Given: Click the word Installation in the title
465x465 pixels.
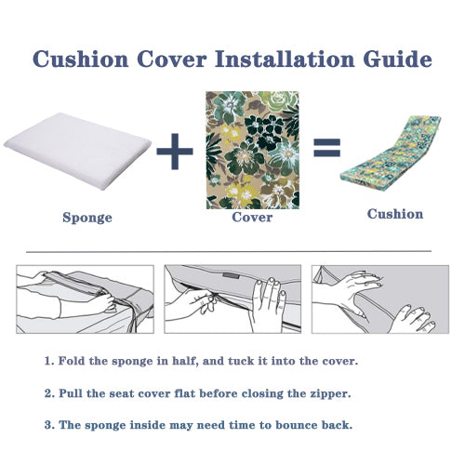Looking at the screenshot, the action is pyautogui.click(x=285, y=59).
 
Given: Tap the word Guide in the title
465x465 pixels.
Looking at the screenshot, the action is pyautogui.click(x=398, y=59).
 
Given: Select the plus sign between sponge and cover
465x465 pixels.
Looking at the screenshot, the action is pyautogui.click(x=175, y=152).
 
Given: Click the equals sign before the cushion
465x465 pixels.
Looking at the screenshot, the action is pyautogui.click(x=327, y=147).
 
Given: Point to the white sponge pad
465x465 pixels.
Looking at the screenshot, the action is pyautogui.click(x=77, y=151).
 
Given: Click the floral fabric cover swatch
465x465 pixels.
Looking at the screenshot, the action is pyautogui.click(x=252, y=150).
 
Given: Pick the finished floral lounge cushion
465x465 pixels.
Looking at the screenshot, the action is pyautogui.click(x=391, y=153).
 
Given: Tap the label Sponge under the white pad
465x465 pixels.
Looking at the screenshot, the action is pyautogui.click(x=87, y=218).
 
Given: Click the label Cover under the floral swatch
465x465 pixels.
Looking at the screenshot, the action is pyautogui.click(x=252, y=217).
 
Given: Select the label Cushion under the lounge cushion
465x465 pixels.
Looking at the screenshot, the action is pyautogui.click(x=395, y=214).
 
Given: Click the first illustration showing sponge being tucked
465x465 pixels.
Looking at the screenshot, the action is pyautogui.click(x=85, y=299).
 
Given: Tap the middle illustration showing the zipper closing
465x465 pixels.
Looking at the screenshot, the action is pyautogui.click(x=232, y=299).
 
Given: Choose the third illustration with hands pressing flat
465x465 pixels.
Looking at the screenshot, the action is pyautogui.click(x=380, y=299).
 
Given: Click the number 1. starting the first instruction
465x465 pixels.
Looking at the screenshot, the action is pyautogui.click(x=49, y=361).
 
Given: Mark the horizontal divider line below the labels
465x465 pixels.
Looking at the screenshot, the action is pyautogui.click(x=229, y=251).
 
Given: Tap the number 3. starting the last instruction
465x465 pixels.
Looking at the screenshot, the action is pyautogui.click(x=49, y=425).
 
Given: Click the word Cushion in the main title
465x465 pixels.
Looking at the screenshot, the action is pyautogui.click(x=81, y=59).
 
